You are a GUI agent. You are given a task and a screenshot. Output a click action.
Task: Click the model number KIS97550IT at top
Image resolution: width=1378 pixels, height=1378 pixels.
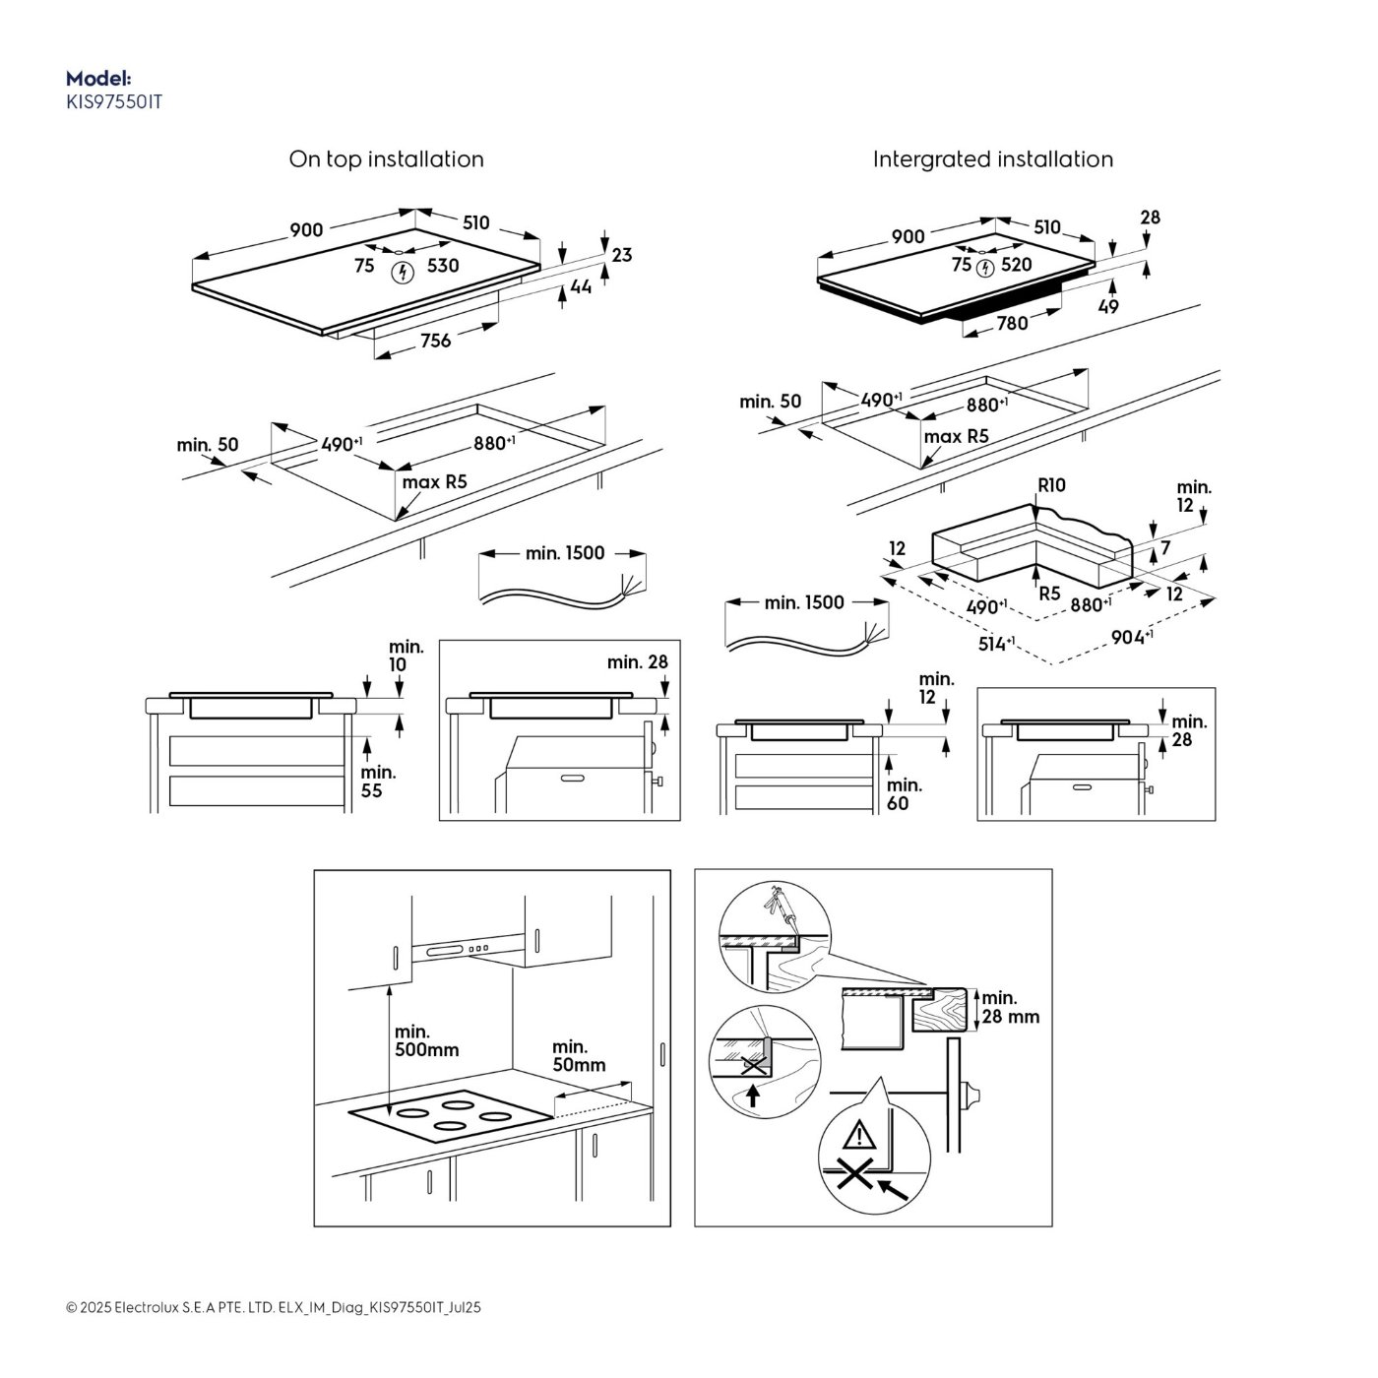114,102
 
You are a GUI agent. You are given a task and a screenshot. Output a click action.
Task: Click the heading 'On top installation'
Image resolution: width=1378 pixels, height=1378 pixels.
386,158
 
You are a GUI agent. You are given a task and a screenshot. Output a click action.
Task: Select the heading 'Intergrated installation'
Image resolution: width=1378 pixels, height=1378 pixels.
992,158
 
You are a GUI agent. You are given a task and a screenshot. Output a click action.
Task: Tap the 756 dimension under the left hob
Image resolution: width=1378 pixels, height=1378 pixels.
435,341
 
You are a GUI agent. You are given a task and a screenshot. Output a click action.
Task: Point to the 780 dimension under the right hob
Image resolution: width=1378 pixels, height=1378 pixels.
1013,323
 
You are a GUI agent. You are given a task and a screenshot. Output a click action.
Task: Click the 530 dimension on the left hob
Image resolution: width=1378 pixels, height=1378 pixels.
443,266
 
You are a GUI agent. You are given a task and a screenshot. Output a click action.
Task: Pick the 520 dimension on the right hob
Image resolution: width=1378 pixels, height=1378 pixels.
1016,265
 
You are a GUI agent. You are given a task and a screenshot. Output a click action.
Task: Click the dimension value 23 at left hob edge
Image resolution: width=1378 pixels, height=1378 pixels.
622,255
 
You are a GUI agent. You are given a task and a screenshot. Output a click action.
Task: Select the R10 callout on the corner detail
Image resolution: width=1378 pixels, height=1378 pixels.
1051,485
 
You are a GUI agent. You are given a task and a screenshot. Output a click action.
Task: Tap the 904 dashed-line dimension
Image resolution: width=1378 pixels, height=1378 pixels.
1131,636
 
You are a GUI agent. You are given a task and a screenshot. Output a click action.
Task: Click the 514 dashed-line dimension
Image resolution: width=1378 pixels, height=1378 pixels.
996,644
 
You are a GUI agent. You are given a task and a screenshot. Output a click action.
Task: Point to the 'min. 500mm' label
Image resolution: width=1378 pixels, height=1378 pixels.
426,1040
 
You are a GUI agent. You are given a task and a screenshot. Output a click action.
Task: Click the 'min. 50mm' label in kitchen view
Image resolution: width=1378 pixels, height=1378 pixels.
579,1056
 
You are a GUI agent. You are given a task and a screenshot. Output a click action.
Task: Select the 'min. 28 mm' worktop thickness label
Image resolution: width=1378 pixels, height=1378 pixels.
1011,1007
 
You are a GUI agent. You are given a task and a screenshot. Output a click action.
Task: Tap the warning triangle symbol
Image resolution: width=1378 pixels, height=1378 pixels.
859,1135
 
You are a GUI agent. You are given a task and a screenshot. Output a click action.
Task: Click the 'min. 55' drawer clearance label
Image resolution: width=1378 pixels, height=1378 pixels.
378,782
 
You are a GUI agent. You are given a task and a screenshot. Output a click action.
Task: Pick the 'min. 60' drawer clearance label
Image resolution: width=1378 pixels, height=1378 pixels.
905,794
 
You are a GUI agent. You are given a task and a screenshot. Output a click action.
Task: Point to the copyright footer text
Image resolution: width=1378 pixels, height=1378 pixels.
274,1308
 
